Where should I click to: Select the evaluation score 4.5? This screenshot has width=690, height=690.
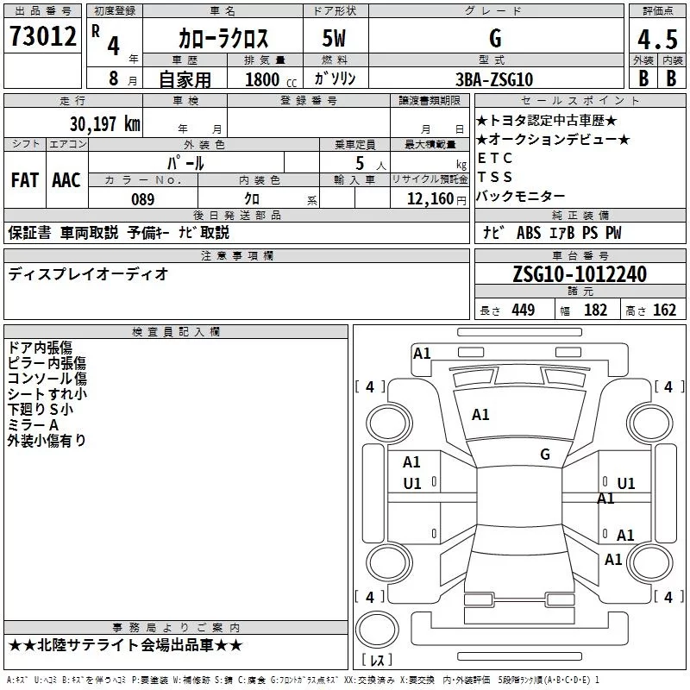click(656, 41)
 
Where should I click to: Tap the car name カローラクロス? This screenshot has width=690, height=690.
click(223, 39)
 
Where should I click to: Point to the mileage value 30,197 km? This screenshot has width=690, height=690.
click(104, 123)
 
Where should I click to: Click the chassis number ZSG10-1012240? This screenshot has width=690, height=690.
click(579, 274)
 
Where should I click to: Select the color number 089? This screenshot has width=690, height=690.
click(142, 198)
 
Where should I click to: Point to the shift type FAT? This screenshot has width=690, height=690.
click(25, 179)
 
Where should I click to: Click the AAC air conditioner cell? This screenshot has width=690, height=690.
click(66, 179)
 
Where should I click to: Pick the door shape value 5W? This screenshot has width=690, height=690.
click(336, 39)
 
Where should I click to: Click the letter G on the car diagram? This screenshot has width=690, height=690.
click(545, 455)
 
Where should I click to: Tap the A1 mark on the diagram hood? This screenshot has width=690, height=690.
click(480, 415)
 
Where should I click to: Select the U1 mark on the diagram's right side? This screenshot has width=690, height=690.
click(626, 484)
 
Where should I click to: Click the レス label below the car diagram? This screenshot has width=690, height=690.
click(377, 661)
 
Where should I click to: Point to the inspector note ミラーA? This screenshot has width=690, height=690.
click(33, 425)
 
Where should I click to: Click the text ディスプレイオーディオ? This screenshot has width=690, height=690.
click(88, 274)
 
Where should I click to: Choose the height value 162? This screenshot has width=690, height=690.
click(664, 310)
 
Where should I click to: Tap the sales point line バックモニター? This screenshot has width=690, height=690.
click(520, 196)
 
